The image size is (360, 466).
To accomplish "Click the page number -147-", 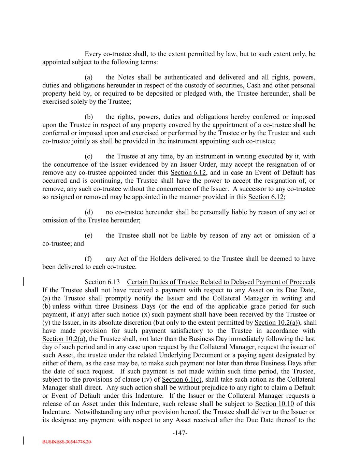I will [x=180, y=433].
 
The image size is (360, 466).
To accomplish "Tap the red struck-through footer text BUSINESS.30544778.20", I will [x=67, y=441].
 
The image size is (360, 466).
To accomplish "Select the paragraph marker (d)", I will [x=89, y=212].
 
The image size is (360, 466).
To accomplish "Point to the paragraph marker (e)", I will [x=89, y=235].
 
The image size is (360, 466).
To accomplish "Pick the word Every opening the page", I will [x=93, y=54].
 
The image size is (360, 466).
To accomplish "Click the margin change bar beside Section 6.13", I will [x=24, y=282].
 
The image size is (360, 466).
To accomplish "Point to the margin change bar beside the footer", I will [x=24, y=440].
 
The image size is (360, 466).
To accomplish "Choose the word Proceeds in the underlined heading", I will [x=302, y=282].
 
